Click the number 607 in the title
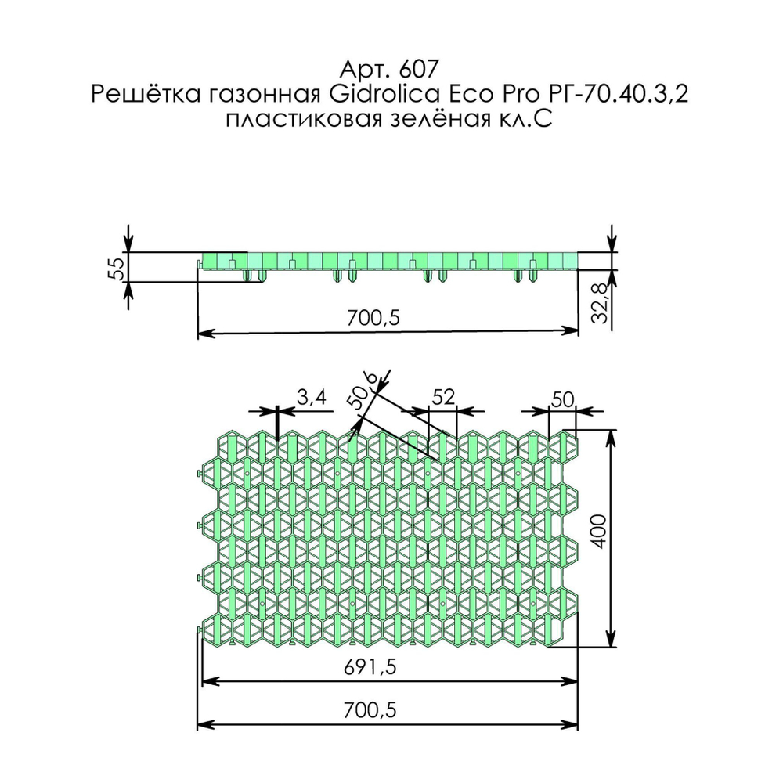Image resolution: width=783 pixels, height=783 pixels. point(407,68)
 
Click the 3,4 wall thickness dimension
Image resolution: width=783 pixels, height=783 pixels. point(311,398)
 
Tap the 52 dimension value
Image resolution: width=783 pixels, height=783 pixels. point(443,398)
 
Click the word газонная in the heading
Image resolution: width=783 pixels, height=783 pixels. point(257,95)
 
